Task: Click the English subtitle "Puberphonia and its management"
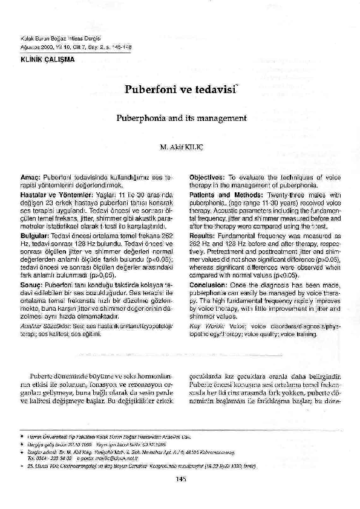[x=179, y=118]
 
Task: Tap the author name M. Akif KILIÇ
[x=180, y=147]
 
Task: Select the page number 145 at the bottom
[x=180, y=479]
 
